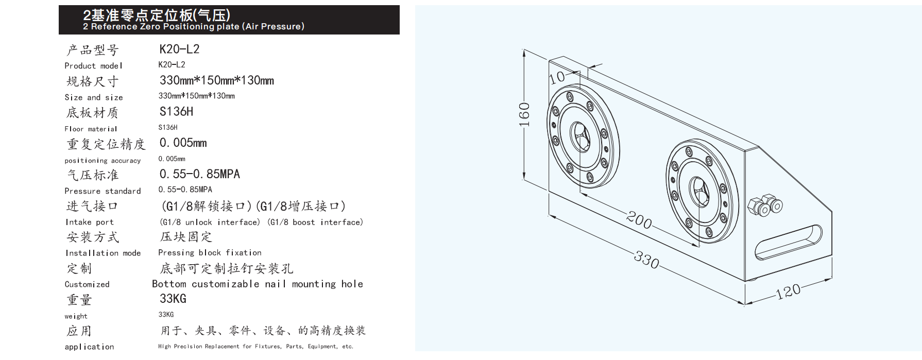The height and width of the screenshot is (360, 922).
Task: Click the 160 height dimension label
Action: coord(524,115)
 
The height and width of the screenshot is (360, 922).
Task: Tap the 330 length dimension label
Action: coord(646,259)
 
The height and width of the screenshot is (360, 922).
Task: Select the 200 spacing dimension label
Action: coord(639,220)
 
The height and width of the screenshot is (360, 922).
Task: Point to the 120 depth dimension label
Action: coord(788,291)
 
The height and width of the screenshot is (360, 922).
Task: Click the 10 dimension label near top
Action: coord(557,77)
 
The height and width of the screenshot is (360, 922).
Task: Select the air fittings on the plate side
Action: coord(764,204)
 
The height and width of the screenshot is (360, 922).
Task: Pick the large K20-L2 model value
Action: coord(179,49)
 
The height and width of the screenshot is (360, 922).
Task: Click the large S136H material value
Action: coord(176,111)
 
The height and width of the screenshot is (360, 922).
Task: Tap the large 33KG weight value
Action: coord(173,299)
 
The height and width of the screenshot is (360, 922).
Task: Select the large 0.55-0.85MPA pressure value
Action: coord(200,174)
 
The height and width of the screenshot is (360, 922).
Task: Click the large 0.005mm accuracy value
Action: coord(183,143)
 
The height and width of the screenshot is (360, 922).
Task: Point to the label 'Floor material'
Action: coord(91,129)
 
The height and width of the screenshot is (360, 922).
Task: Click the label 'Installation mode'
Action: coord(103,253)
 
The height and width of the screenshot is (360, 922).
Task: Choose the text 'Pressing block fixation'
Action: coord(210,253)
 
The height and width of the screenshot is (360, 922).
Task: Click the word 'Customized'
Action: coord(87,284)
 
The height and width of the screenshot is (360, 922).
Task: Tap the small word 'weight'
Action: coord(76,316)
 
